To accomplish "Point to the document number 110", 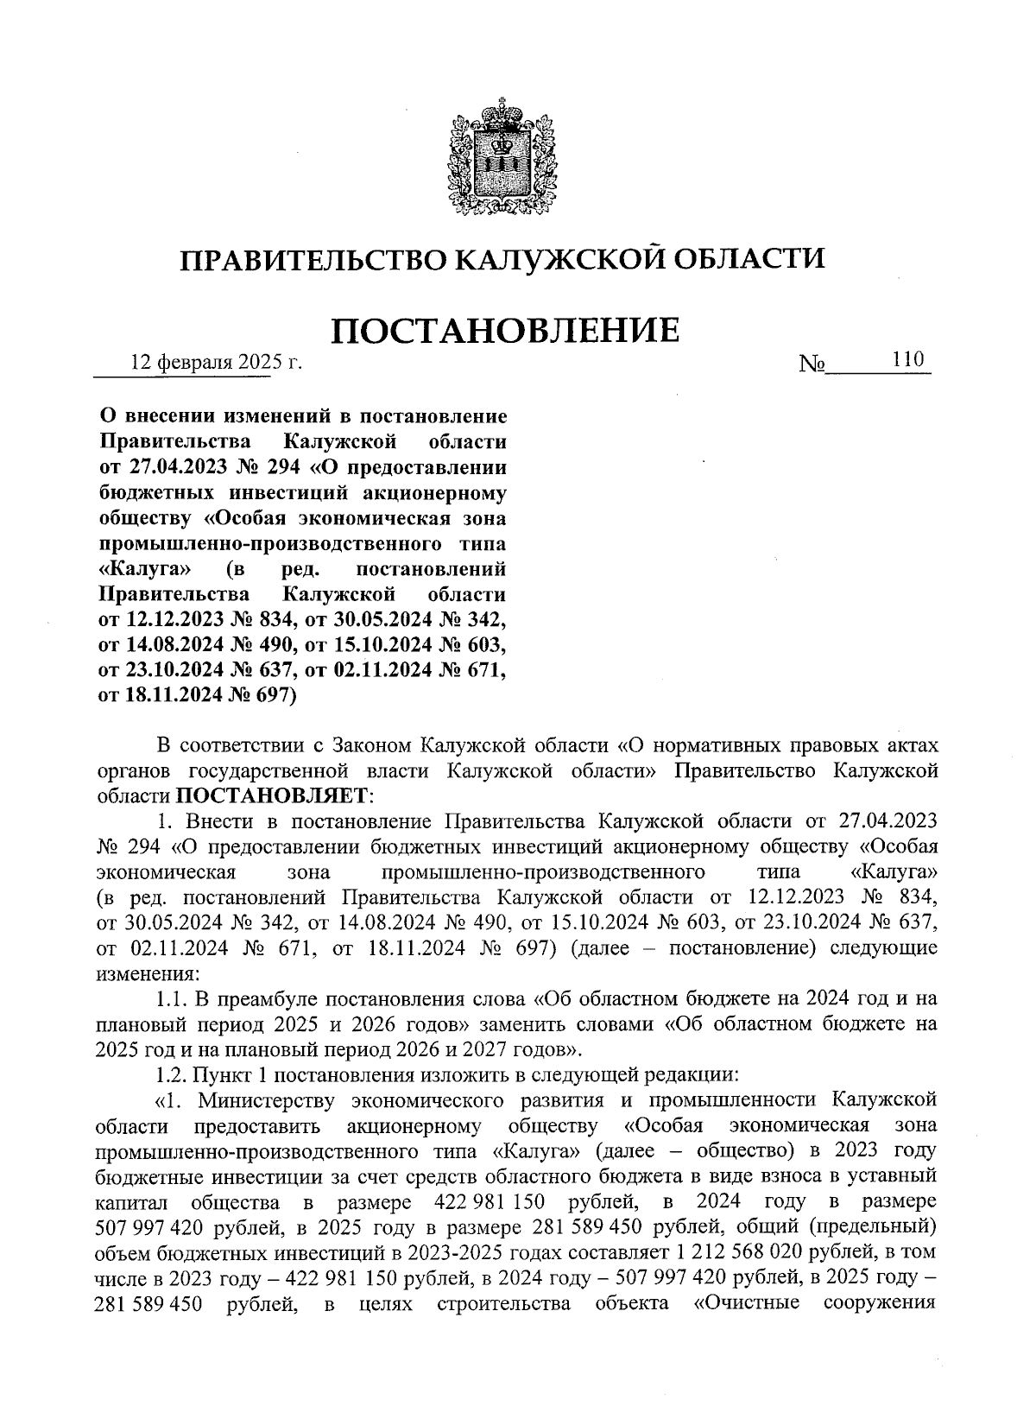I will click(x=908, y=359).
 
